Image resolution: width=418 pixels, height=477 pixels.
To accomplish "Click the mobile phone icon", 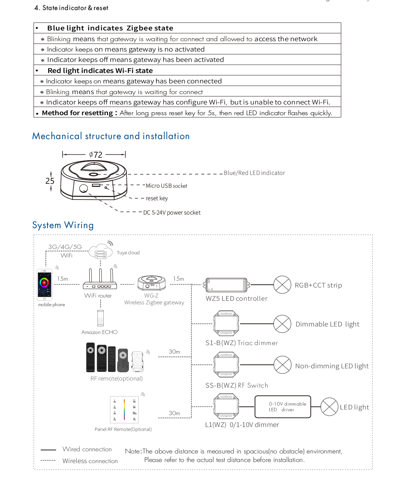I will tap(45, 285).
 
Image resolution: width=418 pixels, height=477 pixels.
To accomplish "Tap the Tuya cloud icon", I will tap(101, 251).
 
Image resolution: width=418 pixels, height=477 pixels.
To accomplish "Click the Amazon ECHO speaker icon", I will tap(100, 318).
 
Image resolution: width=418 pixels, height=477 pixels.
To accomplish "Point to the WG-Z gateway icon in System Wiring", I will tap(151, 283).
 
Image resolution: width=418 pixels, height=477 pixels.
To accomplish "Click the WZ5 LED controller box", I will tap(227, 285).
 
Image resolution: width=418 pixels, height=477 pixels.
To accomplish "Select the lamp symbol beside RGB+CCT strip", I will tap(282, 285).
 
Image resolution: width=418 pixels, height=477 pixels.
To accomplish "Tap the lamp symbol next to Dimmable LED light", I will tap(282, 324).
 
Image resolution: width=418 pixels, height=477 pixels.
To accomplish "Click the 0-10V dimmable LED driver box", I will tap(283, 407).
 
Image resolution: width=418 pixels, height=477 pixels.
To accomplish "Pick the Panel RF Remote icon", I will tap(124, 410).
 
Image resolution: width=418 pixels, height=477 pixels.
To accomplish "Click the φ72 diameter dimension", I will tap(95, 154).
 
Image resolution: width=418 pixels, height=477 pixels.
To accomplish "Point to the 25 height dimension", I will tap(50, 181).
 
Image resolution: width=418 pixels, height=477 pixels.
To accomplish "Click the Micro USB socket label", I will tap(166, 186).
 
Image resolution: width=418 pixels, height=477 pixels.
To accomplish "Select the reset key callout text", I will tap(156, 198).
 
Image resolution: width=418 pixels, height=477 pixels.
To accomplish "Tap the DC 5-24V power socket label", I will tap(172, 213).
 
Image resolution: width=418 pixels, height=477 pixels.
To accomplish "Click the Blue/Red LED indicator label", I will tap(254, 173).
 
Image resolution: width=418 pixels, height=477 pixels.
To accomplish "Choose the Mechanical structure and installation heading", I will tap(111, 136).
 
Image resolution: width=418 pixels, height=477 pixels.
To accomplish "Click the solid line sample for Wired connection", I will tap(48, 450).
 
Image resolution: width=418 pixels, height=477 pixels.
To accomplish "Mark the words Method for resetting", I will tap(78, 113).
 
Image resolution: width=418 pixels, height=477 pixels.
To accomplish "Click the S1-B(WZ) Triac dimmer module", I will tap(226, 324).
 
